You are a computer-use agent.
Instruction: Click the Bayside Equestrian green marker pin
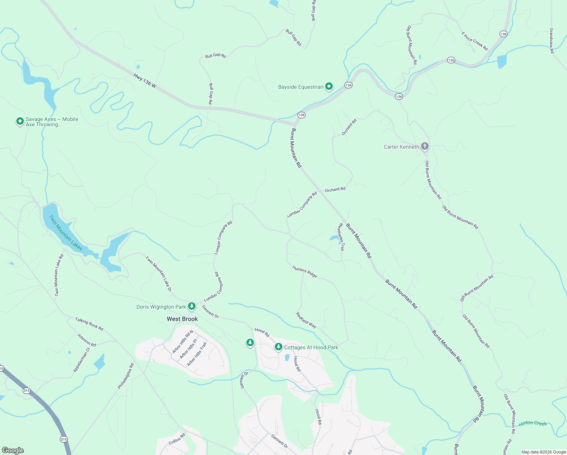[x=329, y=86]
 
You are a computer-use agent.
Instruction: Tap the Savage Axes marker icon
[x=20, y=121]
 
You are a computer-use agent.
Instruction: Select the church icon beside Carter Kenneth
[x=425, y=146]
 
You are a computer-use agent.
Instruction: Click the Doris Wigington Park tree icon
[x=192, y=306]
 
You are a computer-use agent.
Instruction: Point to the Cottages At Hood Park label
[x=311, y=347]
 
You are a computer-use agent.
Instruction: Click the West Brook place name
[x=182, y=319]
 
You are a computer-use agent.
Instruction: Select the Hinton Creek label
[x=533, y=423]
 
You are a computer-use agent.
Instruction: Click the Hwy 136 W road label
[x=145, y=80]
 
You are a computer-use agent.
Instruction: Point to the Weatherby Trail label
[x=341, y=237]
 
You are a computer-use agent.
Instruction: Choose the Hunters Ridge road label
[x=304, y=271]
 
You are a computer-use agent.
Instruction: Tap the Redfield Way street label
[x=306, y=320]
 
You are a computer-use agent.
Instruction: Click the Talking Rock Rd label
[x=89, y=324]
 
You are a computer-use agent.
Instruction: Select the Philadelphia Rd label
[x=126, y=376]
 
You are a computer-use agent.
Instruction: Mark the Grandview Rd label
[x=551, y=41]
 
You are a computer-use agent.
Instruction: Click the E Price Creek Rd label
[x=475, y=41]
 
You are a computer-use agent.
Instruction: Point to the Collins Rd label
[x=177, y=439]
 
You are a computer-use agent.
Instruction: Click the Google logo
[x=13, y=450]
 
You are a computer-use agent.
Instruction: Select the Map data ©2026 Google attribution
[x=543, y=452]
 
